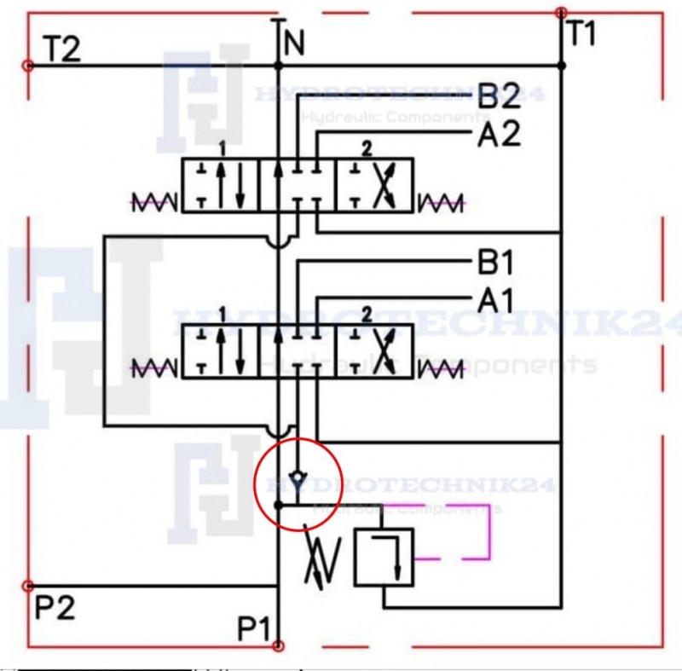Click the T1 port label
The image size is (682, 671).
click(581, 34)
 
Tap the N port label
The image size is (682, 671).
click(294, 42)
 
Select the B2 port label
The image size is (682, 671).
click(499, 97)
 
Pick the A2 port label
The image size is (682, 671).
click(499, 135)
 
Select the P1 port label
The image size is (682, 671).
click(254, 630)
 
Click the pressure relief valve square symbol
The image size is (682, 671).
click(384, 556)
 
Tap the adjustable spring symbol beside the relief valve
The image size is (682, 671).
click(323, 562)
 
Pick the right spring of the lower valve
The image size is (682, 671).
click(441, 368)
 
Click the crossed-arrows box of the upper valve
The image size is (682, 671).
click(375, 183)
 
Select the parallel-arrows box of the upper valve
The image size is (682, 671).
click(220, 183)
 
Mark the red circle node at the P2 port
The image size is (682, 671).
click(27, 586)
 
